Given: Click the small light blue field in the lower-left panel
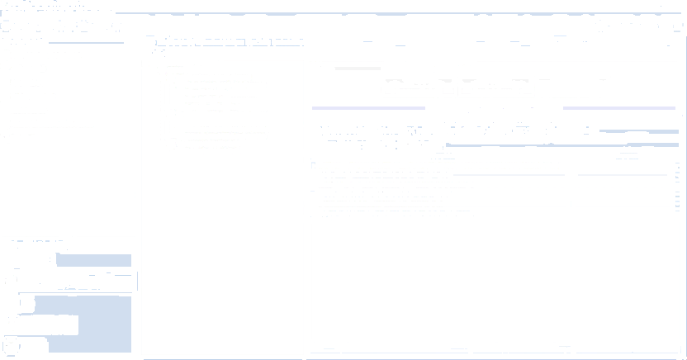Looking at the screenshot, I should (x=93, y=261).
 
